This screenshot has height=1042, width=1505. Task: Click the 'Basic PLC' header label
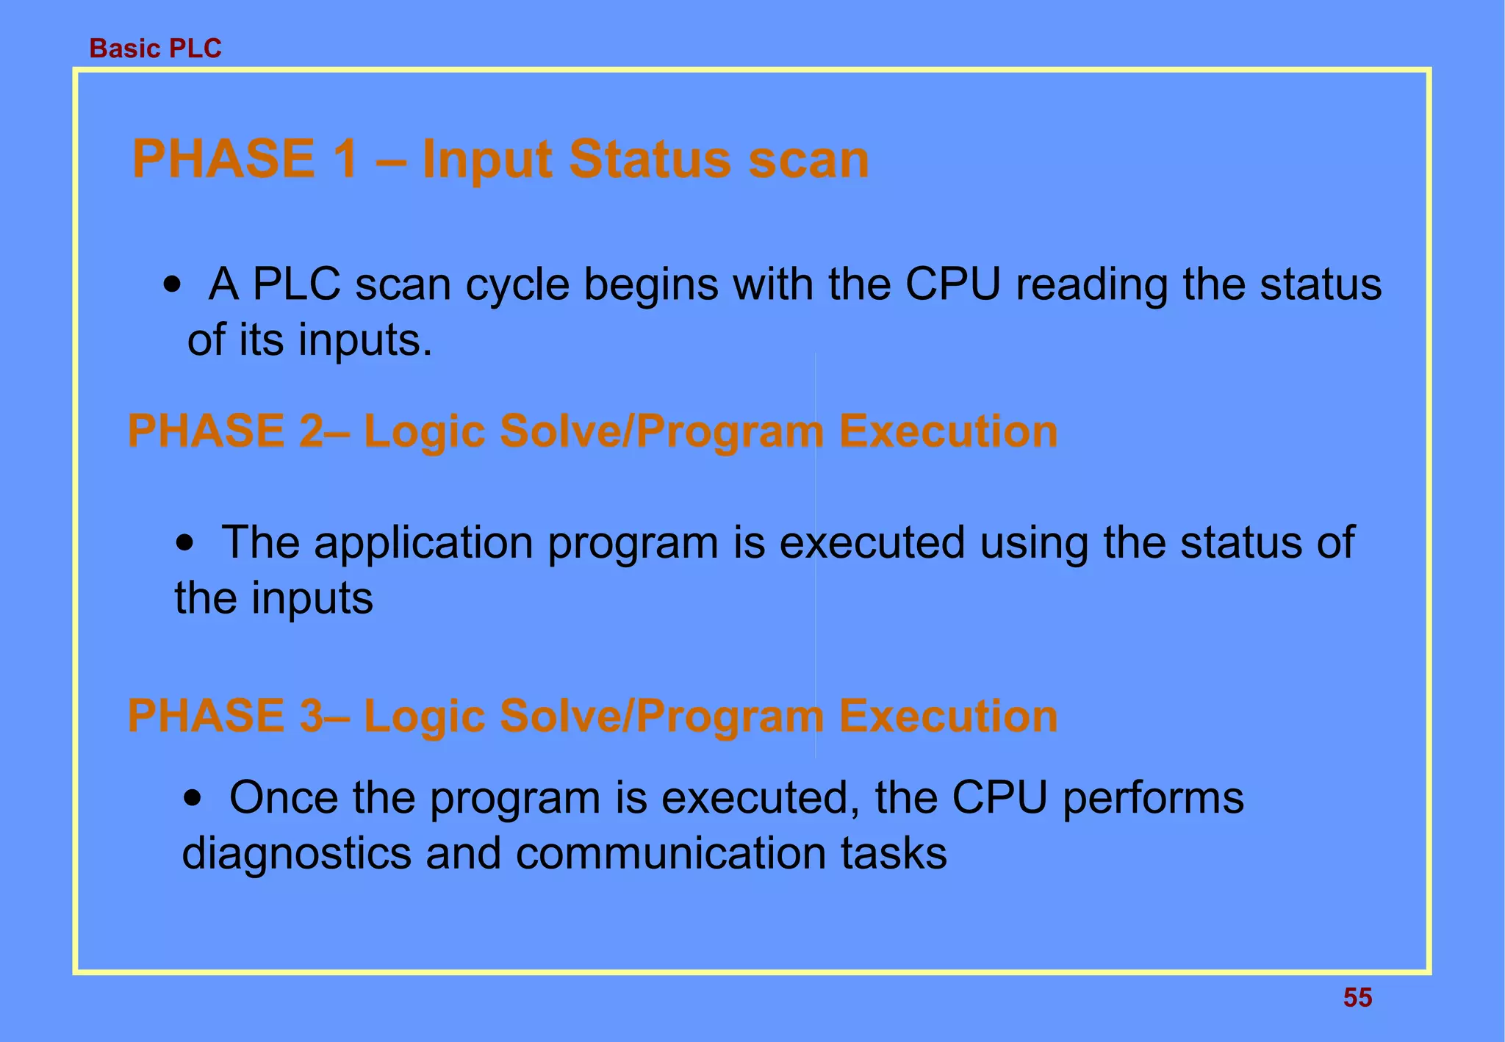tap(155, 48)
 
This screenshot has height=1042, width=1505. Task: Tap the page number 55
tap(1357, 997)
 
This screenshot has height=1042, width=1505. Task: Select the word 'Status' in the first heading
tap(650, 159)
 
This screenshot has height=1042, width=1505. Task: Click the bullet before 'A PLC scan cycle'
tap(172, 286)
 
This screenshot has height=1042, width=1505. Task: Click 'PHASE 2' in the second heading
tap(224, 431)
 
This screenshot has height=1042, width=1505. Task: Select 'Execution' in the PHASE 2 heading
tap(948, 431)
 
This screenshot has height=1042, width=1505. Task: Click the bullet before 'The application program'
tap(186, 545)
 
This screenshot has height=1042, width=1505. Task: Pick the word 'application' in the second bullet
tap(423, 545)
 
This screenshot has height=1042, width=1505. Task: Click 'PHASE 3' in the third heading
tap(224, 716)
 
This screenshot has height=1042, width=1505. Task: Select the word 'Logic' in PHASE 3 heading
tap(425, 716)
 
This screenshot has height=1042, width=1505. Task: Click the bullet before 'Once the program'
tap(193, 800)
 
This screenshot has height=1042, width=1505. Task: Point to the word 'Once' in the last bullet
tap(283, 798)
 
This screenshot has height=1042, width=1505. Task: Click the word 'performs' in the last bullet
tap(1153, 800)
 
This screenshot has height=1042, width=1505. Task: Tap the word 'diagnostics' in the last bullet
tap(296, 854)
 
